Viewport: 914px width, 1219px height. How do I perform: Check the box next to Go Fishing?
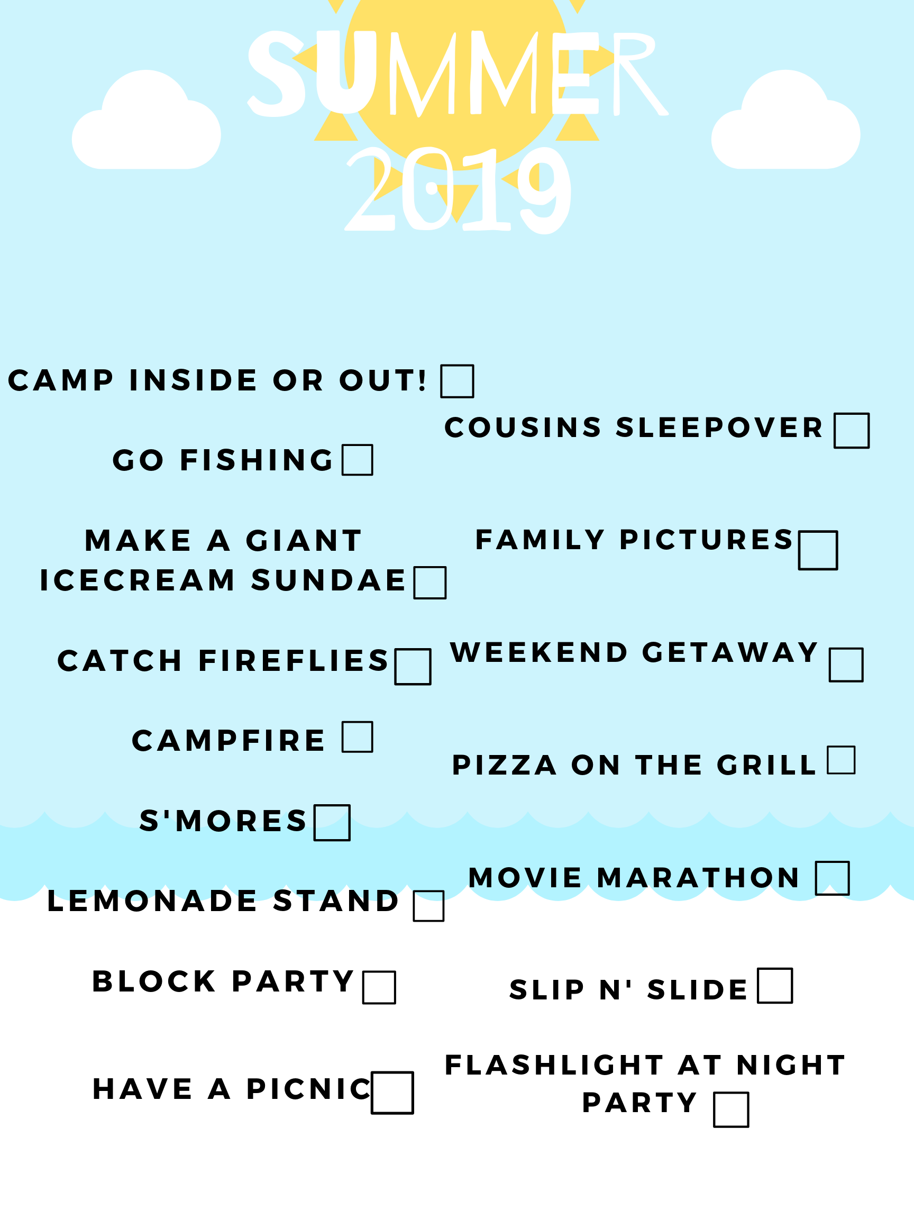pos(357,460)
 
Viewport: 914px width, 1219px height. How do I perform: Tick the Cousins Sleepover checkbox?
pos(851,430)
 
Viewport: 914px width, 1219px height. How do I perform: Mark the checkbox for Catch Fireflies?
pos(413,667)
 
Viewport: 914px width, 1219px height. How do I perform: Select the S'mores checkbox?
pos(332,823)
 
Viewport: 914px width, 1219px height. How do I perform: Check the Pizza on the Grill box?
pos(840,760)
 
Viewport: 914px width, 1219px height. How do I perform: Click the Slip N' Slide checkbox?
pos(774,985)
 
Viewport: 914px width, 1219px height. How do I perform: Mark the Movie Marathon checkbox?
pos(833,878)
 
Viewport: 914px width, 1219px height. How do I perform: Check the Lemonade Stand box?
pos(428,905)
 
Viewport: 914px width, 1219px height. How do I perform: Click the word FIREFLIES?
pos(294,661)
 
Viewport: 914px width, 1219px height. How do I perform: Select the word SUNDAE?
pos(328,580)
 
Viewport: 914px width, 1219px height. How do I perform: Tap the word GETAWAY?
pos(730,652)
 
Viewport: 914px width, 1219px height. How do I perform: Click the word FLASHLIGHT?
pos(554,1065)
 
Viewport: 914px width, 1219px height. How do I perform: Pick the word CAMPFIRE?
pos(229,740)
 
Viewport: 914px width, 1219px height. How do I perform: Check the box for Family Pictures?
pos(818,550)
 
